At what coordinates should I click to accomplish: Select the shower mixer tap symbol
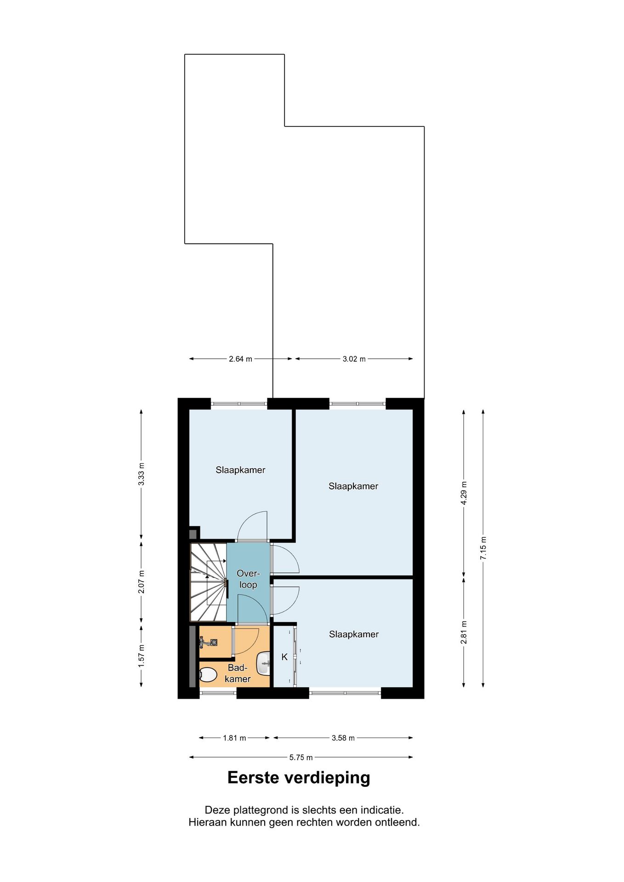(x=208, y=642)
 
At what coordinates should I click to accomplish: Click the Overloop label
(x=248, y=579)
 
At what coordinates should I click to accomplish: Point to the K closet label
(x=284, y=657)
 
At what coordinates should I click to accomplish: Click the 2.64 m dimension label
(x=240, y=359)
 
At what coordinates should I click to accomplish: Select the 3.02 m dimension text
(x=354, y=359)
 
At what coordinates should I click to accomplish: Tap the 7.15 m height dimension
(x=483, y=548)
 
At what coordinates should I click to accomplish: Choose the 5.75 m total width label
(x=301, y=757)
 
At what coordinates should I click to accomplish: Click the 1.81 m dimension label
(x=234, y=738)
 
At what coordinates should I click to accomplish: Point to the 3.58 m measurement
(x=343, y=738)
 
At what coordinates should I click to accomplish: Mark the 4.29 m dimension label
(x=464, y=493)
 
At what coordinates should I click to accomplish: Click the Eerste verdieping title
(x=299, y=778)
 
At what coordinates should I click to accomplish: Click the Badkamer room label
(x=238, y=673)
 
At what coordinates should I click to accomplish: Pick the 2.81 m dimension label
(x=464, y=632)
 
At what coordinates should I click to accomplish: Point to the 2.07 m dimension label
(x=142, y=582)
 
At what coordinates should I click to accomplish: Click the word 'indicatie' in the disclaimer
(x=383, y=809)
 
